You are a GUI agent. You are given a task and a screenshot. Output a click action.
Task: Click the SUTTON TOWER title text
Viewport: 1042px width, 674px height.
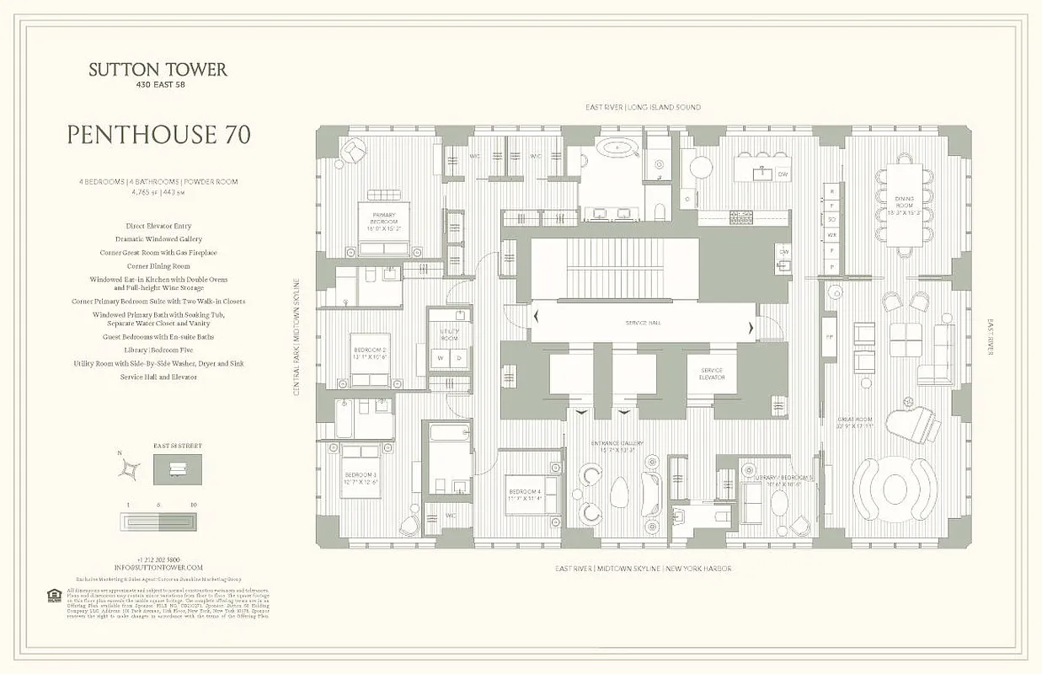tap(158, 70)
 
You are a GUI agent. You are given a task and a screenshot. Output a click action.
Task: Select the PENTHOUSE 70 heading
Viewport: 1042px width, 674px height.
tap(158, 135)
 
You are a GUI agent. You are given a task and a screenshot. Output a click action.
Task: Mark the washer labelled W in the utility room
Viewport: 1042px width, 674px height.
tap(439, 357)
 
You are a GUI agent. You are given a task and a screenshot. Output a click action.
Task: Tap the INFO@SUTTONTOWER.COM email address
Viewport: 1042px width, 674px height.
tap(158, 568)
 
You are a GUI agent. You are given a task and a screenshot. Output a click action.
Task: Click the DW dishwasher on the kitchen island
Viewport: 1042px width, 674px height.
tap(783, 174)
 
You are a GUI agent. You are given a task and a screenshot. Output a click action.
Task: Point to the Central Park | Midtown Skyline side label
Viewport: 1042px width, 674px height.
tap(297, 337)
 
